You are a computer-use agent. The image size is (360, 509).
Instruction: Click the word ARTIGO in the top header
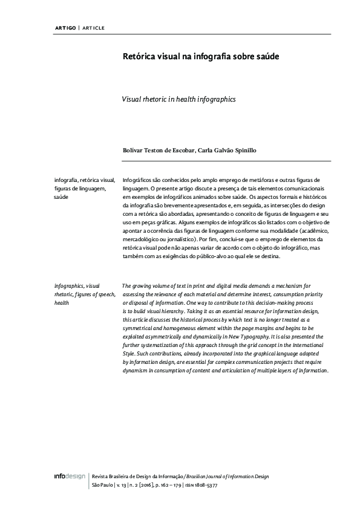65,28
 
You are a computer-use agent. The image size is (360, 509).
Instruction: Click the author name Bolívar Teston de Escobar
157,151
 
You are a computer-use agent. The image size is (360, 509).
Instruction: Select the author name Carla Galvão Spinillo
226,151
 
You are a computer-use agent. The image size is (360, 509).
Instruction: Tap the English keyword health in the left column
61,302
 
